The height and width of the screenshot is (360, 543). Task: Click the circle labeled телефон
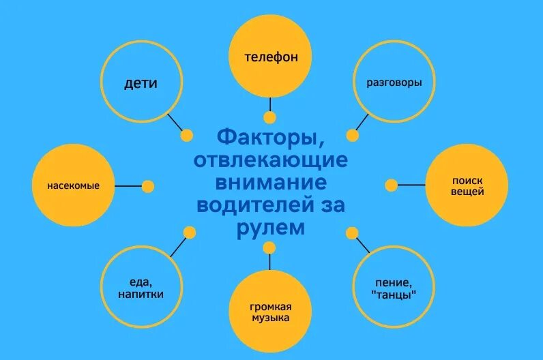[271, 57]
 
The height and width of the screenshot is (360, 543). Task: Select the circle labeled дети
[141, 83]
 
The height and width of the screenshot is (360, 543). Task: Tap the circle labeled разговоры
[394, 83]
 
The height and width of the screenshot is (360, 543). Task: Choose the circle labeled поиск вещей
[467, 185]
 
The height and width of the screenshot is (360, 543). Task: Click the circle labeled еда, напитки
[141, 288]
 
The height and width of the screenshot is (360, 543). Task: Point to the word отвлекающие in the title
[271, 162]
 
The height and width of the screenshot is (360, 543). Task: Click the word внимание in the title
[271, 183]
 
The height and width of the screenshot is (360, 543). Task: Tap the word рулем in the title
[271, 228]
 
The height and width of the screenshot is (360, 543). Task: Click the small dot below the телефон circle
[271, 116]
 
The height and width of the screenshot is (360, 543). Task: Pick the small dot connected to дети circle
[186, 136]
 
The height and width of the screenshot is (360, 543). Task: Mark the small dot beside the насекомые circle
[148, 186]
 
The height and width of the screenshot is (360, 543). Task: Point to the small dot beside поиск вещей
[391, 185]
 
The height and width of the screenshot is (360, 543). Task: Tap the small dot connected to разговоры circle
[352, 135]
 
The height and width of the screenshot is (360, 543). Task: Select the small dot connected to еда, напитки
[189, 232]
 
